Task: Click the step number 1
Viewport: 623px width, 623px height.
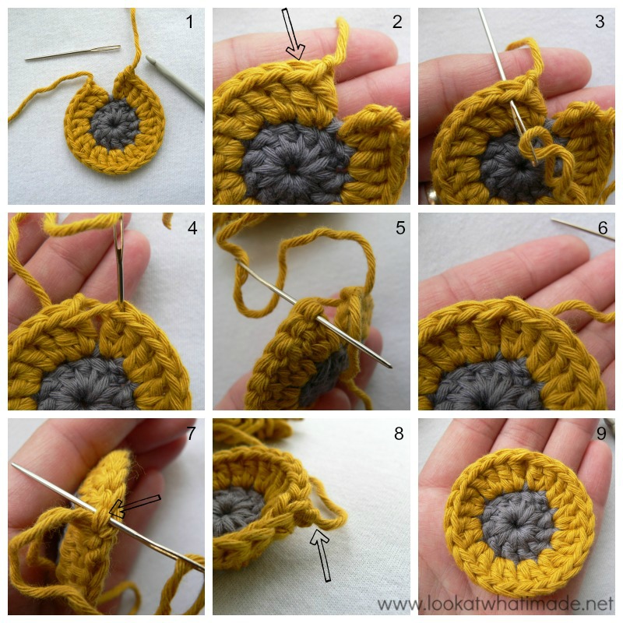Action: [190, 22]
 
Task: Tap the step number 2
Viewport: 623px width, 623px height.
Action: [397, 22]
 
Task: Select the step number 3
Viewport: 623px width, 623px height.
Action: [600, 22]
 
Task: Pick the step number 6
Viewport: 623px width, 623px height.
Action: [602, 229]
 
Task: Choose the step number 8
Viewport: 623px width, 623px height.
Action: [399, 435]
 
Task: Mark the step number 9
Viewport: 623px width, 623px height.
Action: [601, 434]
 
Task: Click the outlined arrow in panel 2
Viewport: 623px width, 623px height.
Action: [292, 34]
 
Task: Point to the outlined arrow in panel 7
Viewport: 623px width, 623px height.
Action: [136, 504]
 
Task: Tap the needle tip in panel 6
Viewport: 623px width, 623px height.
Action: [554, 220]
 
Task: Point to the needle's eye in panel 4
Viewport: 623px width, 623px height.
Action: [120, 241]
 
